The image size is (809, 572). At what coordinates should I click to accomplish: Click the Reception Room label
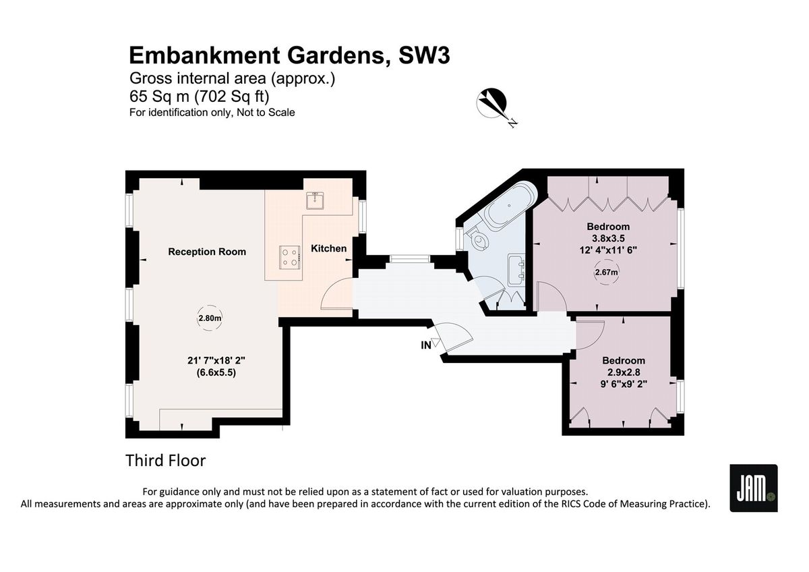coord(207,252)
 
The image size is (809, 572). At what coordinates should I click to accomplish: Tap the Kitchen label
coord(329,248)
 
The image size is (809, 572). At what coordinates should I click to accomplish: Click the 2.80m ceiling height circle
coord(210,318)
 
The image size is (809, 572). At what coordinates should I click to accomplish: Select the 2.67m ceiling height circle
coord(606,272)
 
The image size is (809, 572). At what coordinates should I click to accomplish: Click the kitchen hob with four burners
coord(290,257)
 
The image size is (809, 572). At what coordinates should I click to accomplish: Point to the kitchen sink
coord(315,201)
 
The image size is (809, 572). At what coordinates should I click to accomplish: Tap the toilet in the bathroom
coord(477,239)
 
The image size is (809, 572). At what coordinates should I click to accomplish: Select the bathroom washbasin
coord(517,270)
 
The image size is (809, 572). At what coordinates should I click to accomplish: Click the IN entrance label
coord(426,345)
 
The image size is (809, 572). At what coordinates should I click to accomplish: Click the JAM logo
coord(754,488)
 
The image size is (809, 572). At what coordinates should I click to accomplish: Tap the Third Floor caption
coord(165,461)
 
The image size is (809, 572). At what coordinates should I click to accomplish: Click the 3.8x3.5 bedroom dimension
coord(608,239)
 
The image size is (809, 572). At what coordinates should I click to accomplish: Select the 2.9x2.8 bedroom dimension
coord(624,372)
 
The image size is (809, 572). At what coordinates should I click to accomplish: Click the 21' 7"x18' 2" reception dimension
coord(216,360)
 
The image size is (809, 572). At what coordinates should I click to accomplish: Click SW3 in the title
coord(424,55)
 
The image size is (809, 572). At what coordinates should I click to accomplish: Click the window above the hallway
coord(410,259)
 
